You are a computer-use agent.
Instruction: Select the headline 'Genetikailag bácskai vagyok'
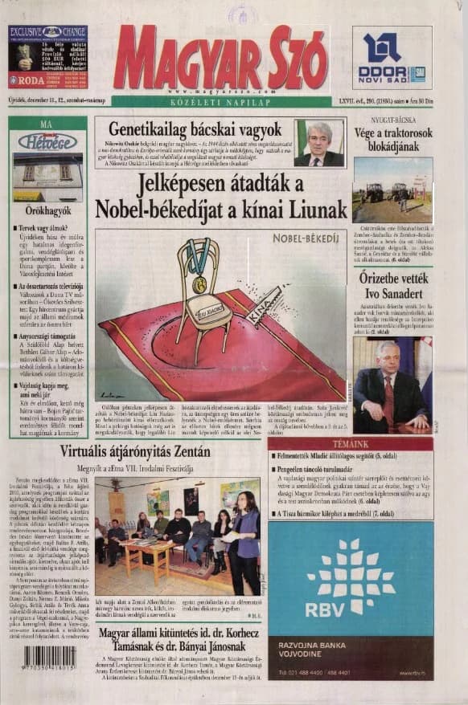(x=195, y=129)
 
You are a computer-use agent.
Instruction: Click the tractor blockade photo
(x=392, y=189)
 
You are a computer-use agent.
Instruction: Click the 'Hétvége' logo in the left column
(x=47, y=141)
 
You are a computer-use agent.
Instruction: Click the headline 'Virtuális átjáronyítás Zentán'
(x=136, y=452)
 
